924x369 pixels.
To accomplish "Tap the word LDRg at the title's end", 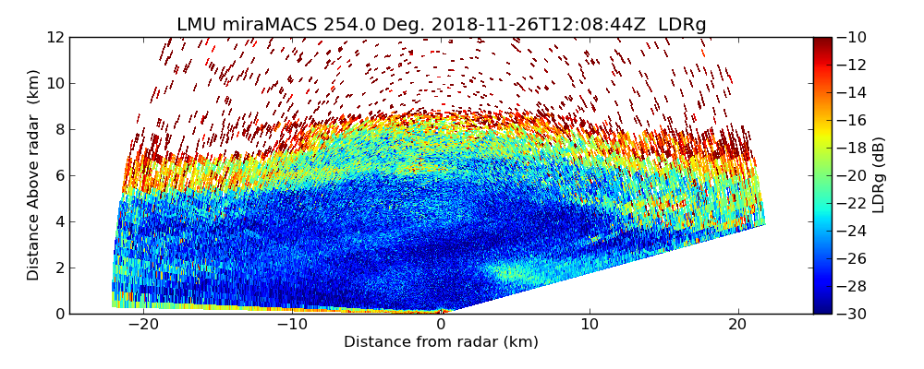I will click(x=682, y=25).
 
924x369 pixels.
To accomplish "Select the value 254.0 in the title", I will click(x=347, y=25).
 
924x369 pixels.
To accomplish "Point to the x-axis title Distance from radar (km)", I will click(x=441, y=342).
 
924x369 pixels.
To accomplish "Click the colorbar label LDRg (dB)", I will click(x=879, y=175).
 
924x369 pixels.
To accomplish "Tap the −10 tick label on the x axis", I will click(x=292, y=325).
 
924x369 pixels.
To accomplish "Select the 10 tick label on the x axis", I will click(x=590, y=325).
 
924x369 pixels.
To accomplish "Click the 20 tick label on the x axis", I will click(x=737, y=325).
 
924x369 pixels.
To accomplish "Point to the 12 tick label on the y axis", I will click(x=55, y=37).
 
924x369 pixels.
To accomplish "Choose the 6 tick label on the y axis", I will click(x=59, y=175).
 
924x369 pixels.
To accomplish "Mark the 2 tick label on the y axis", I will click(x=59, y=268).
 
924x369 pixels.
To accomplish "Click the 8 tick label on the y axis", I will click(x=59, y=129).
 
